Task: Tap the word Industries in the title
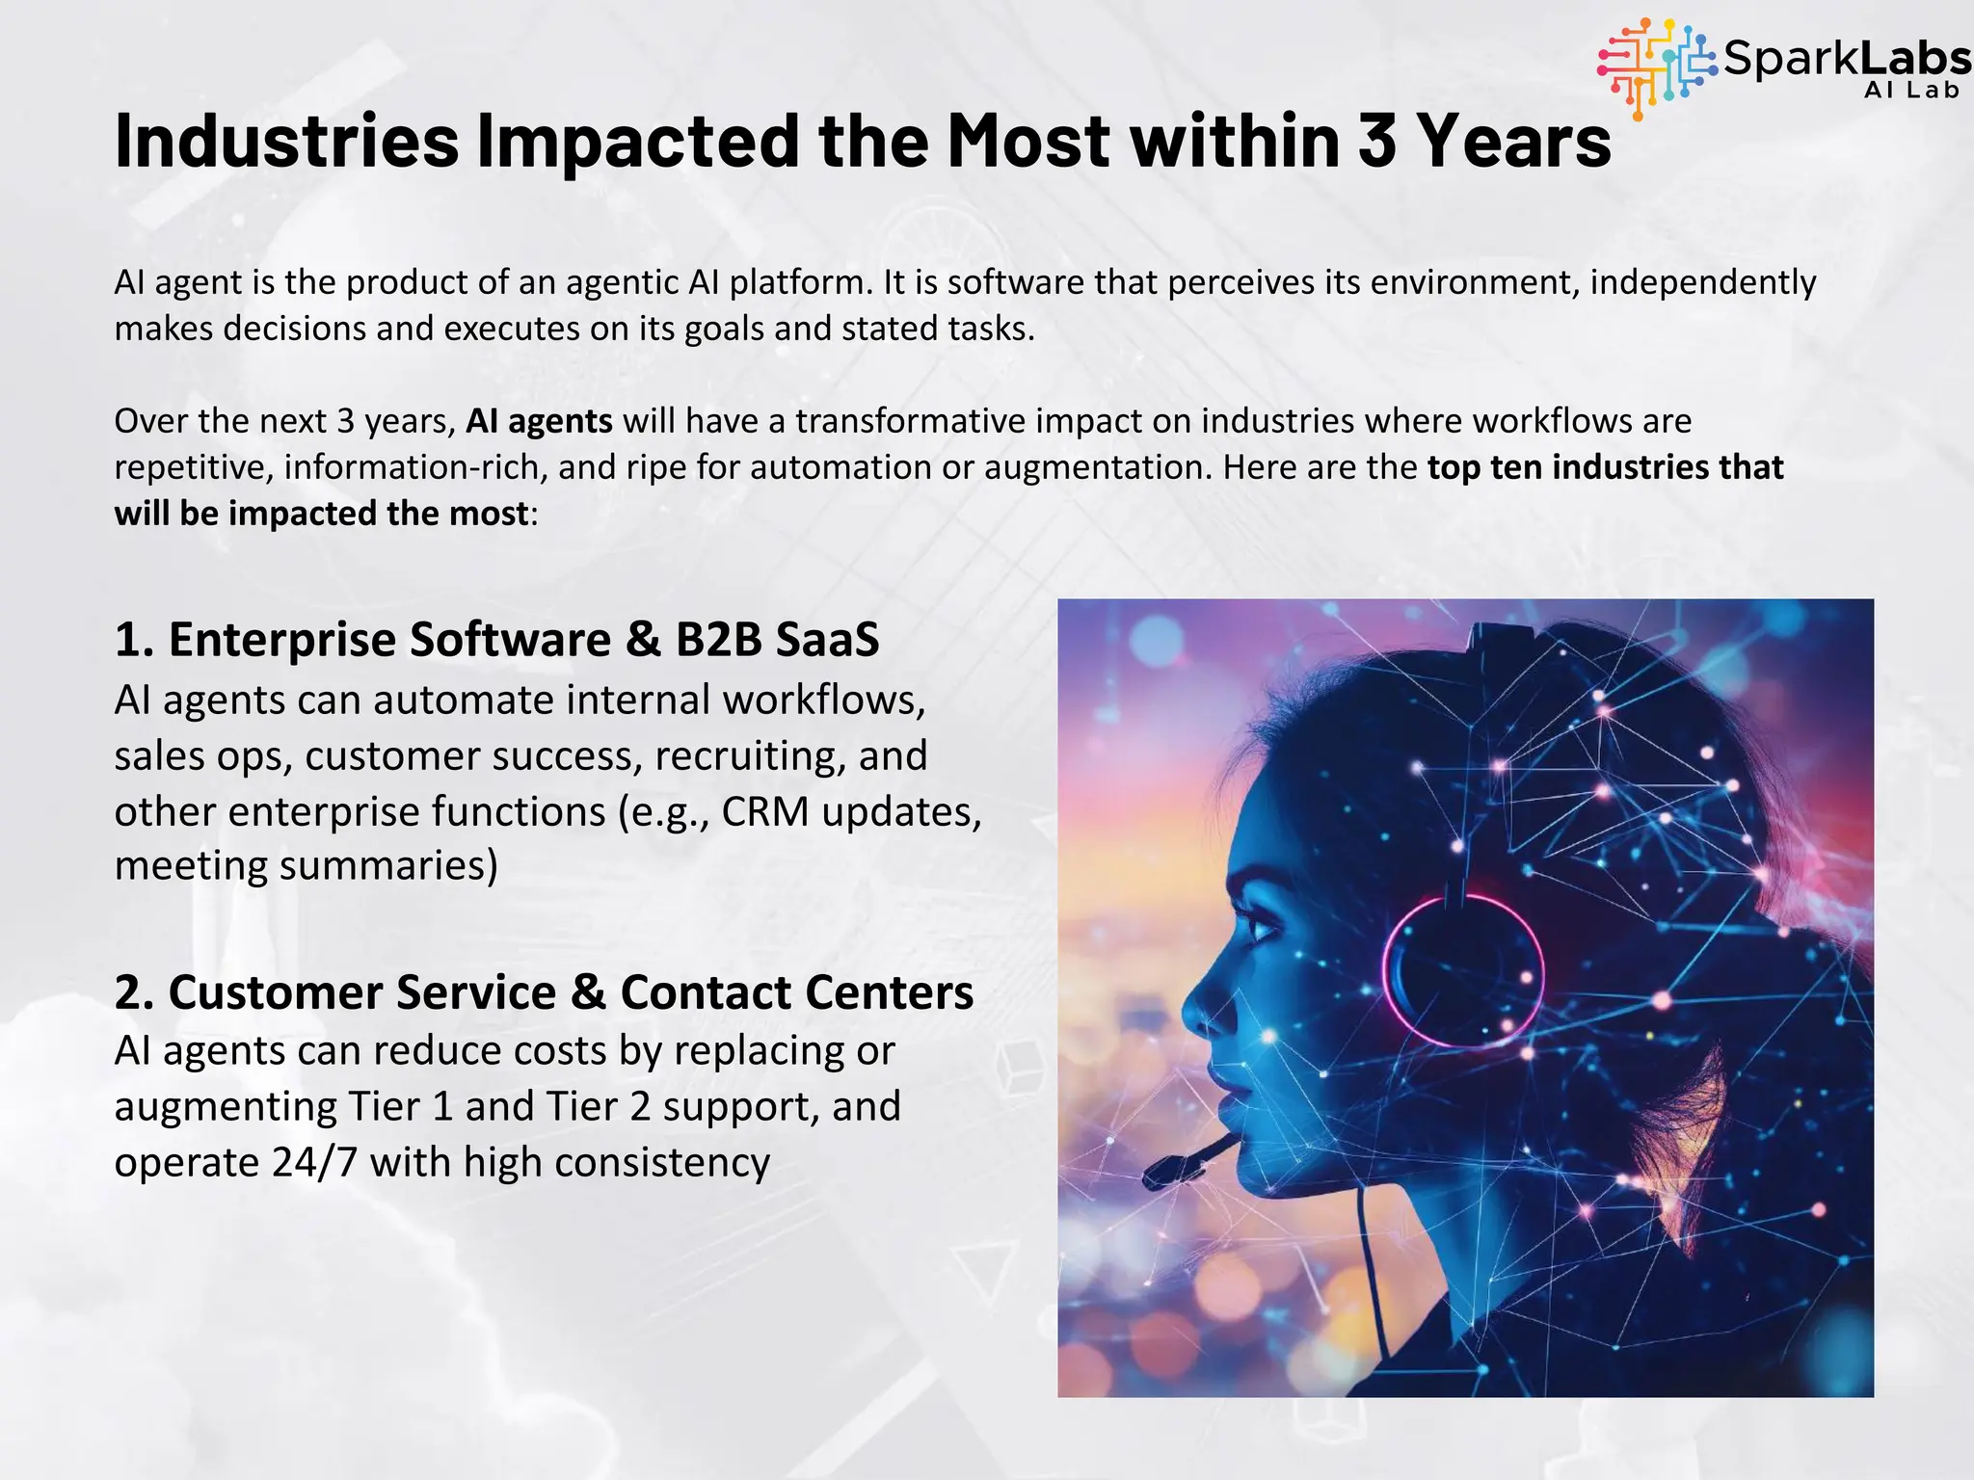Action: [x=286, y=141]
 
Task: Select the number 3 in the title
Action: [x=1377, y=141]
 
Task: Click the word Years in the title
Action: [x=1513, y=141]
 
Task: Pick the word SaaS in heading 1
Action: [x=827, y=640]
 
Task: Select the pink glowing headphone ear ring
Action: [x=1462, y=970]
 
